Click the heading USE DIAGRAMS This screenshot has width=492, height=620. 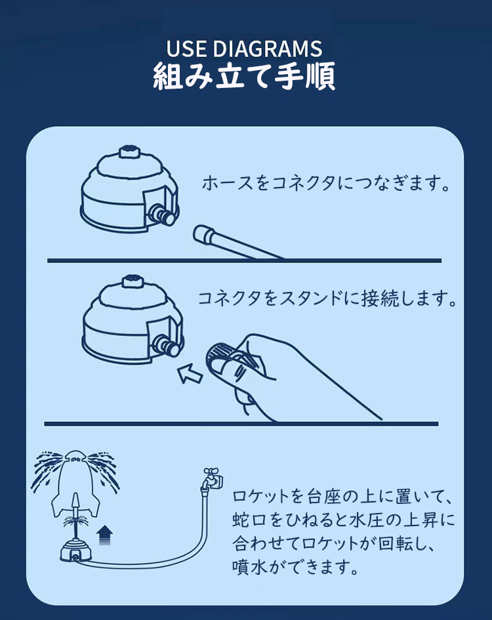(244, 49)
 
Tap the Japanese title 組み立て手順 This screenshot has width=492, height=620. (244, 75)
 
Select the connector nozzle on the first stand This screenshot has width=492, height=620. (162, 214)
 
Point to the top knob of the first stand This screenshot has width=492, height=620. (129, 151)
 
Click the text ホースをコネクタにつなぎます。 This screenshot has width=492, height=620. (325, 183)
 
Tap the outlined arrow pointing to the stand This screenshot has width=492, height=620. (190, 373)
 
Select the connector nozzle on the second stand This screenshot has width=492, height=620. (167, 345)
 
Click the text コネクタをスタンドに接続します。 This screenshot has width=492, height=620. (327, 299)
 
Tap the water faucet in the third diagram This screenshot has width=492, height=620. (213, 479)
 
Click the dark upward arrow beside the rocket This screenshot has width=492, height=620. (104, 535)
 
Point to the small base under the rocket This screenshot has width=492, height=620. (75, 550)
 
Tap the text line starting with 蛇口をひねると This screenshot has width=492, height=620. (343, 520)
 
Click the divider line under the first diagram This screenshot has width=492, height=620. (244, 260)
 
